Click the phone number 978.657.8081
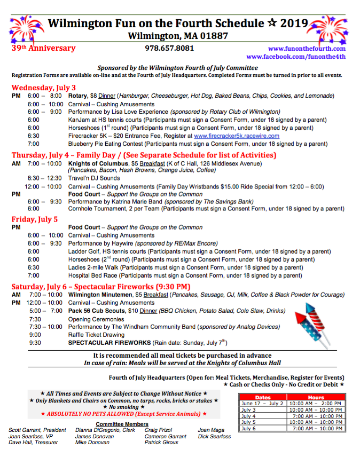pos(169,48)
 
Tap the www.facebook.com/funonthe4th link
pos(296,57)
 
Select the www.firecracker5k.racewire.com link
pos(237,136)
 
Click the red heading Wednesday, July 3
pos(44,88)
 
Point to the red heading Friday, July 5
pos(35,219)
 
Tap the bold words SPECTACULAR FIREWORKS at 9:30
pos(109,343)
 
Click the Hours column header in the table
pos(316,397)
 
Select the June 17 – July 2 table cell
pos(263,404)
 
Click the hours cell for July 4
pos(316,416)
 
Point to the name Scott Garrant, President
pos(37,430)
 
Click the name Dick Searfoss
pos(214,436)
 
